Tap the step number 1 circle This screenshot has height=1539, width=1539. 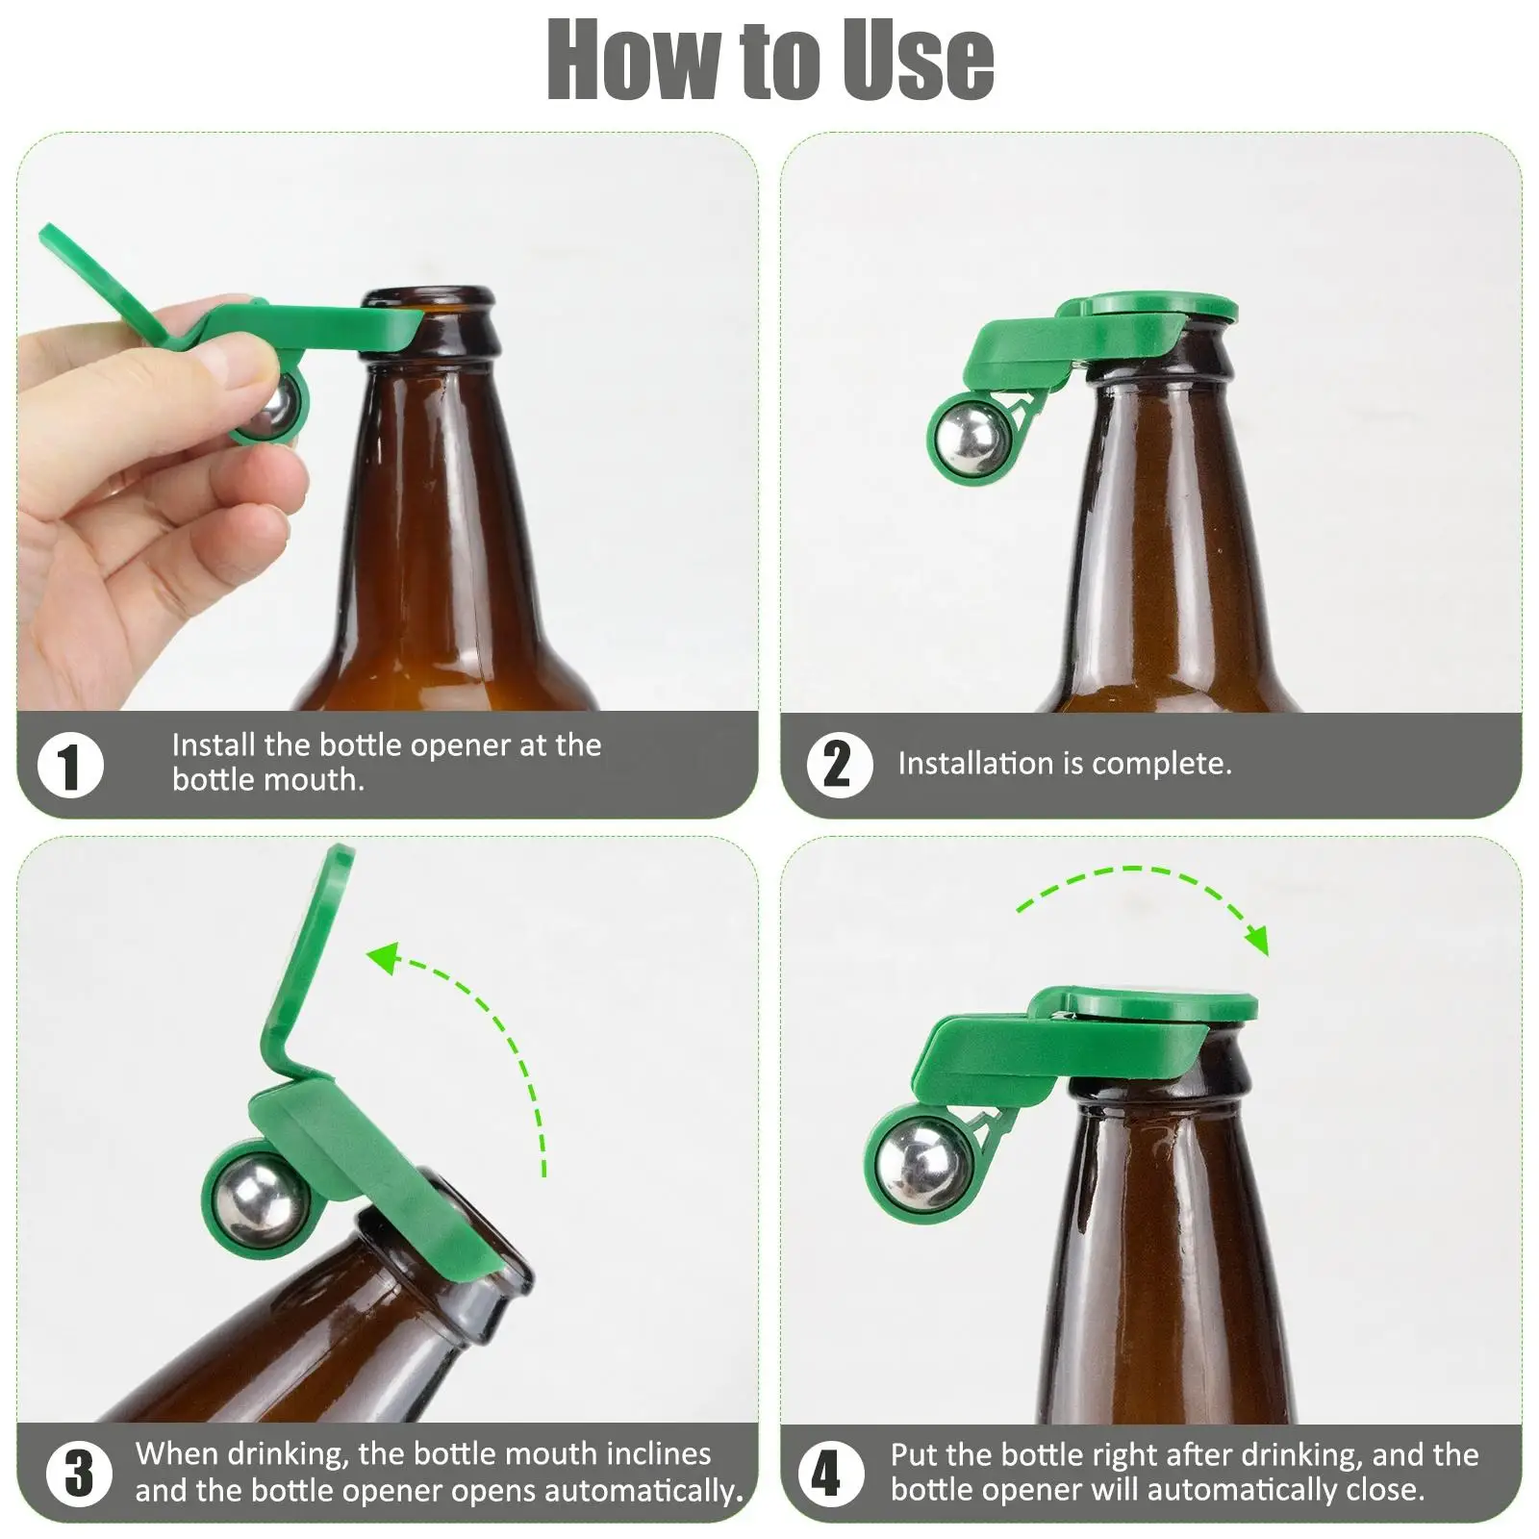pos(70,766)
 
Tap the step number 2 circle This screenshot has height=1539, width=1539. pos(839,764)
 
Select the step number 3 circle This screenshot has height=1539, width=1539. pos(78,1473)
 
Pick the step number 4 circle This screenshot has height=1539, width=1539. pos(829,1473)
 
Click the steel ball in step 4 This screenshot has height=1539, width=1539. pos(918,1164)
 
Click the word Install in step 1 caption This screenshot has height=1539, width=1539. pos(214,744)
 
